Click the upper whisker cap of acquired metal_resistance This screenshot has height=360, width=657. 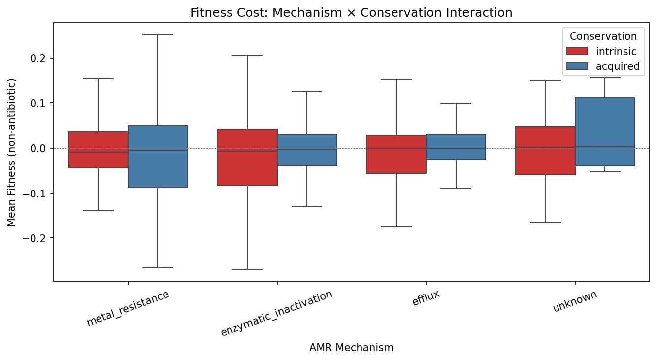pos(158,34)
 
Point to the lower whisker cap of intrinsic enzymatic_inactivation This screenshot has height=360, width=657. pos(247,269)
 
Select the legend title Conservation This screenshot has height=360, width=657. pos(603,36)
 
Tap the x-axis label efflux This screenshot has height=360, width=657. pos(426,298)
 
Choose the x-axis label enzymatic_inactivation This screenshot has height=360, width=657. pos(277,313)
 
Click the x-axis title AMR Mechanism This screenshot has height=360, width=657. pos(351,348)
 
